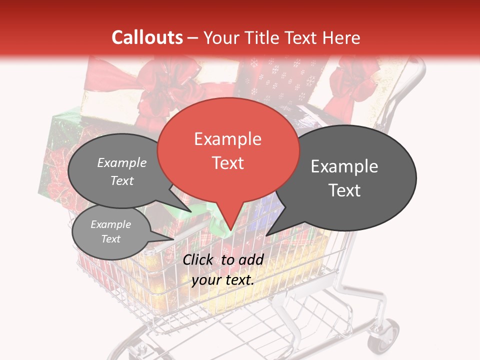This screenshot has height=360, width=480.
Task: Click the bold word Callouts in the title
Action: pos(147,37)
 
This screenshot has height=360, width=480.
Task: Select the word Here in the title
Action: pos(341,37)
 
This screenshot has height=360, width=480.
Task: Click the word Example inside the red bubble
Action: pos(227,139)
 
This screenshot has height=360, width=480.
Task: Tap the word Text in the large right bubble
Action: pos(344,190)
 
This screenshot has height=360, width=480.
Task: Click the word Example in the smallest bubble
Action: pos(110,224)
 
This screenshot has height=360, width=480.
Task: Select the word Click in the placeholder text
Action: pos(198,259)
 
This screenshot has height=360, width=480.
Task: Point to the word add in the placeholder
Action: pos(251,259)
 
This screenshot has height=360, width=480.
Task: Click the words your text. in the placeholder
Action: pos(222,280)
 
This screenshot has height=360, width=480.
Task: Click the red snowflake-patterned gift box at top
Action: pos(280,80)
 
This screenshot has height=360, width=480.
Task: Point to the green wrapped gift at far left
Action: pos(57,150)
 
